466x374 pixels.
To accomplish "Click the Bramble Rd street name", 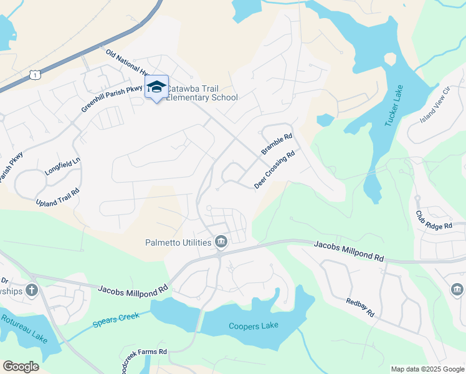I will [x=277, y=145].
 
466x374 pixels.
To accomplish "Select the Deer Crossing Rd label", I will [x=274, y=170].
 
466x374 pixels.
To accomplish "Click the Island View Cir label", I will [x=435, y=105].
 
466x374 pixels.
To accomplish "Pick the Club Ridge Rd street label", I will [x=433, y=220].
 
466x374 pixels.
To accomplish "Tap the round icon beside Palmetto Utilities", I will [x=221, y=241].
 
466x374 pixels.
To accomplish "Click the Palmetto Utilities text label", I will [x=178, y=242].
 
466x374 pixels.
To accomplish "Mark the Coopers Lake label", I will [x=253, y=326].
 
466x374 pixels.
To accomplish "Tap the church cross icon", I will [x=32, y=290].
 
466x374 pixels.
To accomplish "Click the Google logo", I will [x=21, y=367].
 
